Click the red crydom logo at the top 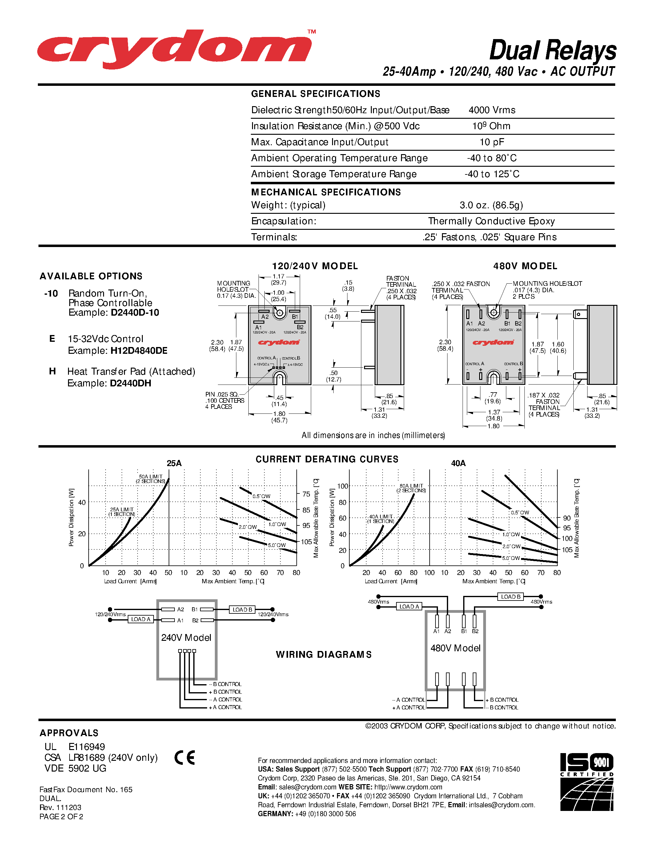click(174, 50)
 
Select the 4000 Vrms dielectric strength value click(492, 110)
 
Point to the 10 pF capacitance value click(492, 142)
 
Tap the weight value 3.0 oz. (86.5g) click(491, 205)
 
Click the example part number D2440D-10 click(135, 313)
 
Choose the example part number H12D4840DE click(139, 351)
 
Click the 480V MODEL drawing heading click(525, 266)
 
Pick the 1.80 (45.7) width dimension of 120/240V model click(279, 417)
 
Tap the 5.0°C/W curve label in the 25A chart click(277, 545)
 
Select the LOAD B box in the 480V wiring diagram click(510, 597)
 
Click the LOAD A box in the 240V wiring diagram click(140, 619)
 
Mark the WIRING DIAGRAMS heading click(323, 655)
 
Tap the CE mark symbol click(184, 758)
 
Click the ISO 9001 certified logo click(587, 782)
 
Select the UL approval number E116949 click(87, 747)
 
